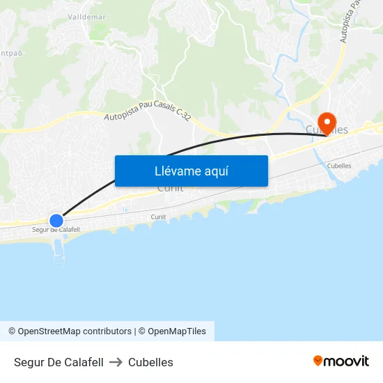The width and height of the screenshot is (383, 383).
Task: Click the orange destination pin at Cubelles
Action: [x=326, y=123]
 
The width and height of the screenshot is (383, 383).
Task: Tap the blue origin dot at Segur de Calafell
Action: [x=56, y=220]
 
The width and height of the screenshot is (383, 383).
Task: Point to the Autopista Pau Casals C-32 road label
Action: [x=147, y=108]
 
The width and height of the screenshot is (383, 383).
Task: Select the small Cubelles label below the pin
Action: [x=338, y=166]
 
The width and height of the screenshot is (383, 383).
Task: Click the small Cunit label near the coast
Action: [x=159, y=217]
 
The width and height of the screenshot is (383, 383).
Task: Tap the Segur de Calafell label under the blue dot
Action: [x=56, y=230]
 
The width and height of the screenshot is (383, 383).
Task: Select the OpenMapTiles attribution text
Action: [x=176, y=331]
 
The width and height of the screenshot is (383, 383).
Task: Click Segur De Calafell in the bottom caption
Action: [x=58, y=362]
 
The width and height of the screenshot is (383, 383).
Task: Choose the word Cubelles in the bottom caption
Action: [x=150, y=362]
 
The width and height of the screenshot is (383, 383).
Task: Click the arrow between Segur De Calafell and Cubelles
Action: [x=116, y=362]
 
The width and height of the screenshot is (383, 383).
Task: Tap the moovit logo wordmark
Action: [x=346, y=361]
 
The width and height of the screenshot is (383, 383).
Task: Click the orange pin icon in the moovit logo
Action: [x=318, y=361]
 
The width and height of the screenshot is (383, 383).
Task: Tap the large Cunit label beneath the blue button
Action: [x=170, y=188]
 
